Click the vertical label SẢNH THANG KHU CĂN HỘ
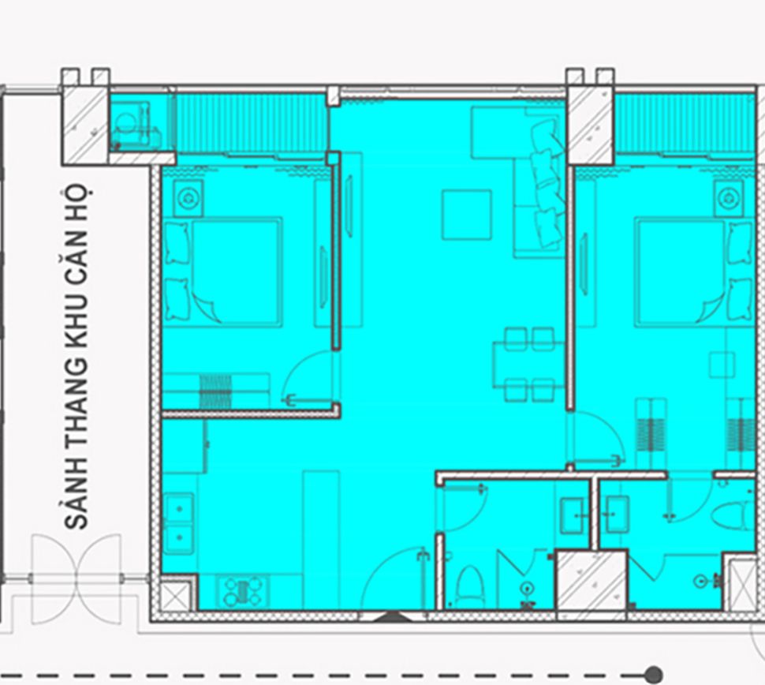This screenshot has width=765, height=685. point(76,357)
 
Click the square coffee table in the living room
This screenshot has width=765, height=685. point(466,215)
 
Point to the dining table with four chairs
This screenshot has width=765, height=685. point(529,365)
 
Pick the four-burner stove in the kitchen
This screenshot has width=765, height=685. point(242,591)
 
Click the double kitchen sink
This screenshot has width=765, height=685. point(179,523)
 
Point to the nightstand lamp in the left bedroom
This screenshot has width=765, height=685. point(188,198)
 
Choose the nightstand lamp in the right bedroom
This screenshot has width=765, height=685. point(729,198)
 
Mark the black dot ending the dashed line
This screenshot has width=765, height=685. point(653,676)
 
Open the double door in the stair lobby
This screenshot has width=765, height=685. point(76,579)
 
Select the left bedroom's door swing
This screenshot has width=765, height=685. point(308,376)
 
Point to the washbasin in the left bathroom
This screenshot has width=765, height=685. point(573,515)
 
